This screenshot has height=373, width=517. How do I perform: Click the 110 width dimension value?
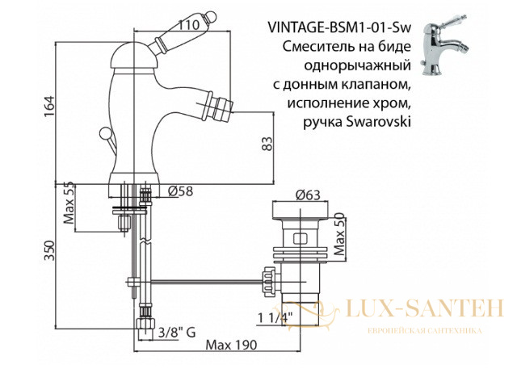[189, 25]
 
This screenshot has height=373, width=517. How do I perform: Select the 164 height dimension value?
[49, 106]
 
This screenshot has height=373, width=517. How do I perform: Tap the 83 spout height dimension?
[267, 144]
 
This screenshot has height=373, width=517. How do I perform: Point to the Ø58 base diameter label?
[180, 191]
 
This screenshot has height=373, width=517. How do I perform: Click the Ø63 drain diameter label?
[308, 195]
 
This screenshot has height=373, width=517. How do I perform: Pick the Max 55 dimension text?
[69, 203]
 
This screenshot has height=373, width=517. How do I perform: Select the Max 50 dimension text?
[338, 234]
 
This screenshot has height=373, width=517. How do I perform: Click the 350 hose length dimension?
[49, 251]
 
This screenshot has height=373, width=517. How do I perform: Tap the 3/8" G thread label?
[177, 332]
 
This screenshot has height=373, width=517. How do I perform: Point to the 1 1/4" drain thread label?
[275, 318]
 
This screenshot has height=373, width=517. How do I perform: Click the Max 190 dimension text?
[231, 345]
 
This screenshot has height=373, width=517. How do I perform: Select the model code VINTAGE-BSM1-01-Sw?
[340, 28]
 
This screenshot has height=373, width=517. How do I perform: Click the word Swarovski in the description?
[380, 123]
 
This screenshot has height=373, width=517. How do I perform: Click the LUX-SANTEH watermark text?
[425, 308]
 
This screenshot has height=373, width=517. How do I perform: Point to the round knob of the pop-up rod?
[104, 132]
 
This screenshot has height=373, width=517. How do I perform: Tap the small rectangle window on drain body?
[300, 238]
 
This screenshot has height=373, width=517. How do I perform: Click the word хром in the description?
[393, 104]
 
